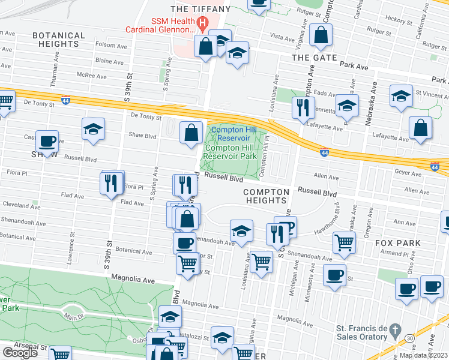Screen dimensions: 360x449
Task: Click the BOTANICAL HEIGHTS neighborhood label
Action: coord(58,40)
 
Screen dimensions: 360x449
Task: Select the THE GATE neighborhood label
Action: coord(315,57)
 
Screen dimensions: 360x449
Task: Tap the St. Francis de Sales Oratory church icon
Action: coord(394,329)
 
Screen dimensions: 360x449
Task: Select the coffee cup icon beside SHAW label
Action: coord(47,142)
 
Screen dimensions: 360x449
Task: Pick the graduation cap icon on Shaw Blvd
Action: coord(94,128)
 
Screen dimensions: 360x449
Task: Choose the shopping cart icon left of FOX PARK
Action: coord(344,242)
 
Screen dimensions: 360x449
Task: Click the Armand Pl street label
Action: coord(410,254)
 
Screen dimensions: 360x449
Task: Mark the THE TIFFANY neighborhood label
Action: coord(200,8)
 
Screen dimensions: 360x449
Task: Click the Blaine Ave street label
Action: coord(109,61)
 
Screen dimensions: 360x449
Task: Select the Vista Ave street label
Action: coord(282,37)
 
